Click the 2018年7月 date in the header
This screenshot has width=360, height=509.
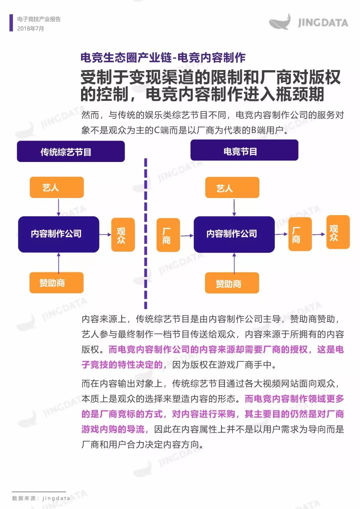point(30,29)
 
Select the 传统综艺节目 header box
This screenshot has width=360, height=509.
point(71,151)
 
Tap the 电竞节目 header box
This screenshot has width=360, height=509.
point(244,150)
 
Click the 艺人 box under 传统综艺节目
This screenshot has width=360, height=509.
point(57,187)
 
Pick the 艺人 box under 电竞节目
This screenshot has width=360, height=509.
point(232,187)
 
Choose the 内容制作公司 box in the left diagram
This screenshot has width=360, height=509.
point(59,234)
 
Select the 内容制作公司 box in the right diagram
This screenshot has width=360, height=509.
point(234,234)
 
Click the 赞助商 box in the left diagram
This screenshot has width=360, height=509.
point(57,283)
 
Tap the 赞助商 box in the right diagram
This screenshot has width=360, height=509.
point(232,283)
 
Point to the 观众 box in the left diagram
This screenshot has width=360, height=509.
point(123,235)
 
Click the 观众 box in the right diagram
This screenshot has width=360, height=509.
point(338,232)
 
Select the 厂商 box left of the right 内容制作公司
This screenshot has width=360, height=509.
point(168,235)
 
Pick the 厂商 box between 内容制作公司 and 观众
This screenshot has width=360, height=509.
point(300,234)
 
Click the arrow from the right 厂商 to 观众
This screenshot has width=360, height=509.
point(319,234)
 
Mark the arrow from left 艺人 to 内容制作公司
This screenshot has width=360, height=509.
point(59,207)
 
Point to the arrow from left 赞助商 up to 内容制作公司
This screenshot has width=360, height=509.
point(59,263)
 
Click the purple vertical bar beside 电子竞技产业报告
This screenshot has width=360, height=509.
point(11,23)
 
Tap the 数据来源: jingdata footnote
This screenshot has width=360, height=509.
point(41,498)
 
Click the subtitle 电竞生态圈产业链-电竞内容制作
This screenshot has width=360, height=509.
point(163,57)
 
